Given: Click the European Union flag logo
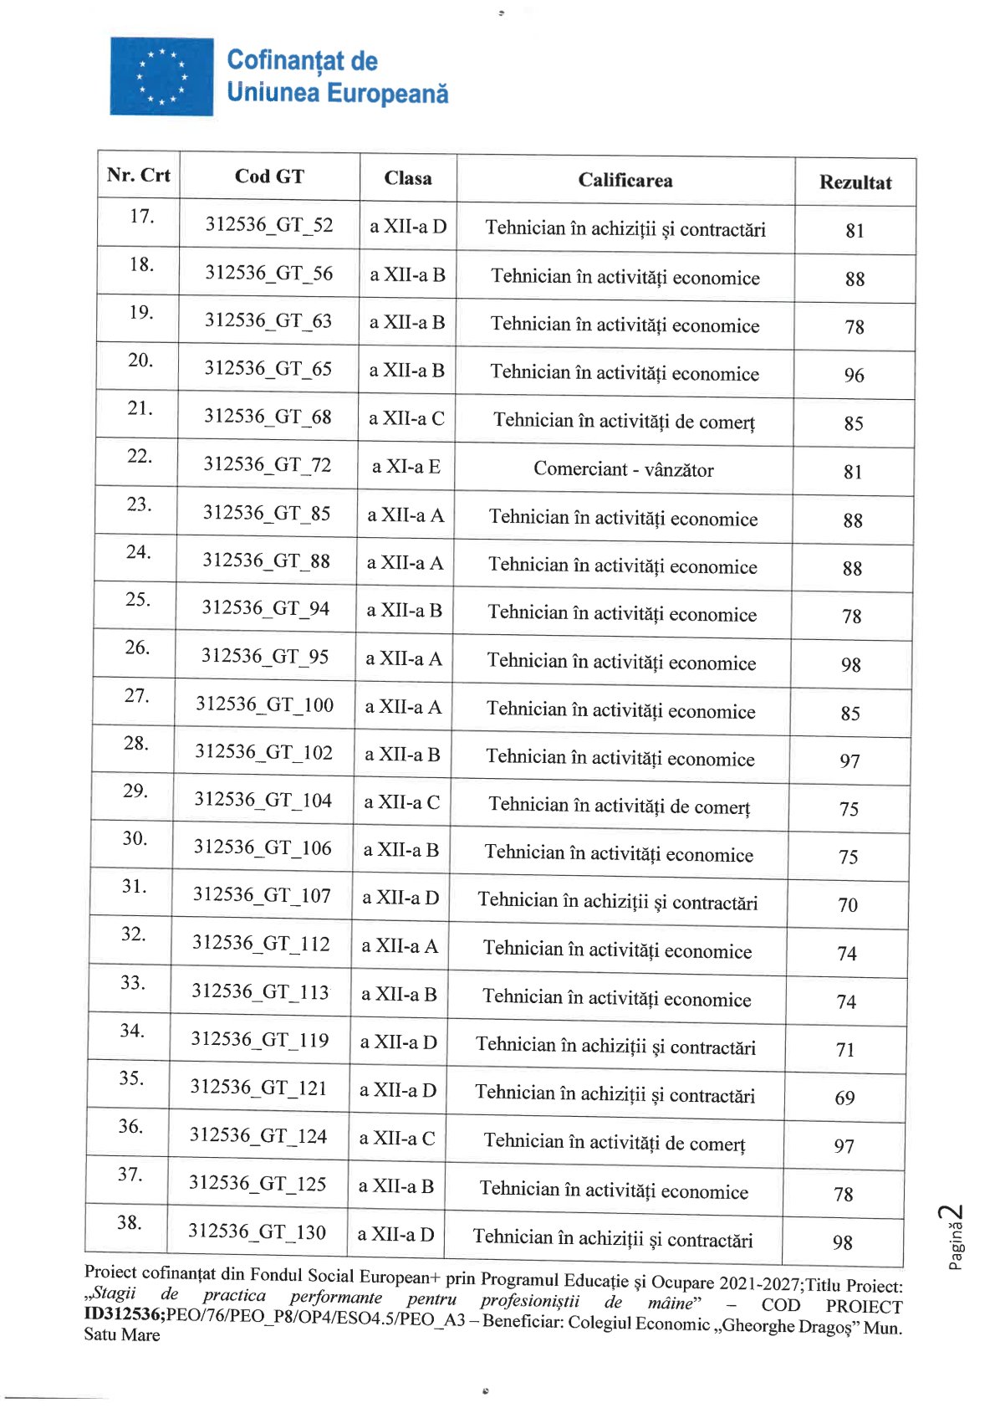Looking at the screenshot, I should pyautogui.click(x=161, y=76).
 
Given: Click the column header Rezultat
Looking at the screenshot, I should pyautogui.click(x=855, y=182).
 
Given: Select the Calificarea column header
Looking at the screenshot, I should pyautogui.click(x=625, y=180).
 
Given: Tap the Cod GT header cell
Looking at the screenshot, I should pyautogui.click(x=269, y=177).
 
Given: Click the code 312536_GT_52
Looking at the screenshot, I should pyautogui.click(x=269, y=225).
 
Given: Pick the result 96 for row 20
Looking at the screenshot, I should pyautogui.click(x=854, y=376).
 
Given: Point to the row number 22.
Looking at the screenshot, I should pyautogui.click(x=139, y=457).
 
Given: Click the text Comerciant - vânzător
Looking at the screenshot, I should pyautogui.click(x=624, y=469).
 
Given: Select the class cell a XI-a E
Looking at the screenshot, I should pyautogui.click(x=406, y=467).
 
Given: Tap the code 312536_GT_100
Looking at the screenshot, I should pyautogui.click(x=264, y=704).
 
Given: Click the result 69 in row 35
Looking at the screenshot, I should pyautogui.click(x=844, y=1098).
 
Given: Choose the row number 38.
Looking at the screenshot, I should pyautogui.click(x=129, y=1223).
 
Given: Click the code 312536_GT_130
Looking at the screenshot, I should pyautogui.click(x=257, y=1231).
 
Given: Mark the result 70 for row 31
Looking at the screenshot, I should pyautogui.click(x=848, y=905).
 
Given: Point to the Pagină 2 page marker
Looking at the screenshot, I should pyautogui.click(x=954, y=1237).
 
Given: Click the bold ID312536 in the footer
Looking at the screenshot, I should pyautogui.click(x=125, y=1314).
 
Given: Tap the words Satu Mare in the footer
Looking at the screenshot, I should pyautogui.click(x=121, y=1335).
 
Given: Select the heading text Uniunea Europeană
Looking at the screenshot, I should pyautogui.click(x=337, y=93).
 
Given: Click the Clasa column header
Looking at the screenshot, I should pyautogui.click(x=408, y=178).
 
